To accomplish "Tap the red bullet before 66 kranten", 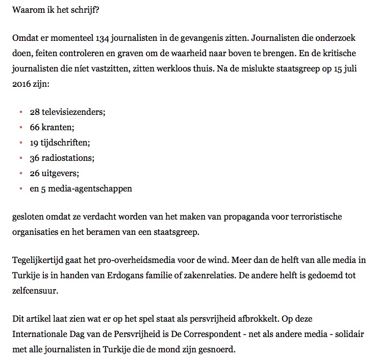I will (x=21, y=126).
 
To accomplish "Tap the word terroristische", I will (x=327, y=217).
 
